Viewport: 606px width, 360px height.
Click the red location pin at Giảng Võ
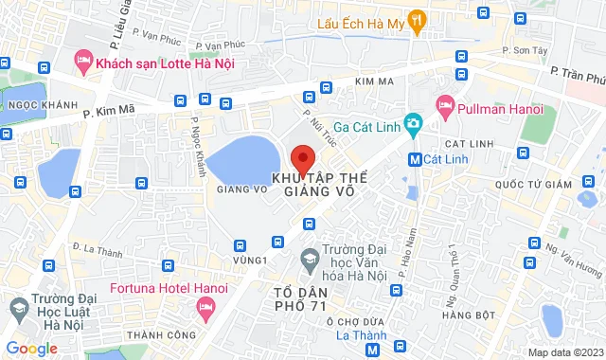(302, 157)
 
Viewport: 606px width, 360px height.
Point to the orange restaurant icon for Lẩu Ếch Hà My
(419, 20)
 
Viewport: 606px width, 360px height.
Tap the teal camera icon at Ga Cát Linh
(412, 123)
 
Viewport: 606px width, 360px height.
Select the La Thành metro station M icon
(373, 350)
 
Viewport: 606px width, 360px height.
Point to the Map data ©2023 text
(563, 352)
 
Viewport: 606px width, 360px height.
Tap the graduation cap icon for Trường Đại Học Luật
(18, 308)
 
